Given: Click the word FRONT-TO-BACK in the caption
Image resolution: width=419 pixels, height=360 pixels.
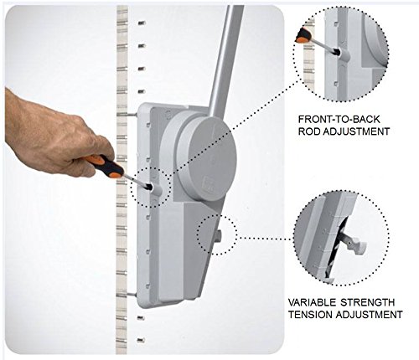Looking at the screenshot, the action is click(x=339, y=120).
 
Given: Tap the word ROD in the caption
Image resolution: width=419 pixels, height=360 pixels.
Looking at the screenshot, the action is click(x=309, y=131).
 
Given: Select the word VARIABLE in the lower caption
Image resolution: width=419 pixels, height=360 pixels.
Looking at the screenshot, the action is click(x=312, y=302).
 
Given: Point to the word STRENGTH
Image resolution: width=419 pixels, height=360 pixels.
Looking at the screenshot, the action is click(x=368, y=302).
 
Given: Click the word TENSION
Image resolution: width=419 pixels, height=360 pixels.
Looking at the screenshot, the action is click(x=310, y=315).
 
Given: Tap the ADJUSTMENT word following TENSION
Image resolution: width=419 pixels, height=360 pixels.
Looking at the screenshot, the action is click(x=369, y=315).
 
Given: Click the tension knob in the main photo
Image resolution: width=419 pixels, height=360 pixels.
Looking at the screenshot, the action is click(x=218, y=236).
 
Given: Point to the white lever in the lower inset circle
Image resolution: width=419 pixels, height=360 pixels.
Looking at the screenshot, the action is click(x=354, y=242).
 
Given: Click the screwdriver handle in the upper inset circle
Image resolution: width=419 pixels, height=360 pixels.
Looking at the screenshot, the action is click(x=303, y=35).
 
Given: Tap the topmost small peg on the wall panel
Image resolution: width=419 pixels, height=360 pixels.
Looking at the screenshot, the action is click(x=142, y=23).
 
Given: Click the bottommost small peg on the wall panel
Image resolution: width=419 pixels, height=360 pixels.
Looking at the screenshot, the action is click(x=141, y=340).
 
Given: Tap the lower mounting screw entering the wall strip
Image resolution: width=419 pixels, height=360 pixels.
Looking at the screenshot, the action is click(x=127, y=294).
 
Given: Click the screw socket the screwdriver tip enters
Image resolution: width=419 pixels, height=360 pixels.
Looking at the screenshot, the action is click(x=155, y=190).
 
